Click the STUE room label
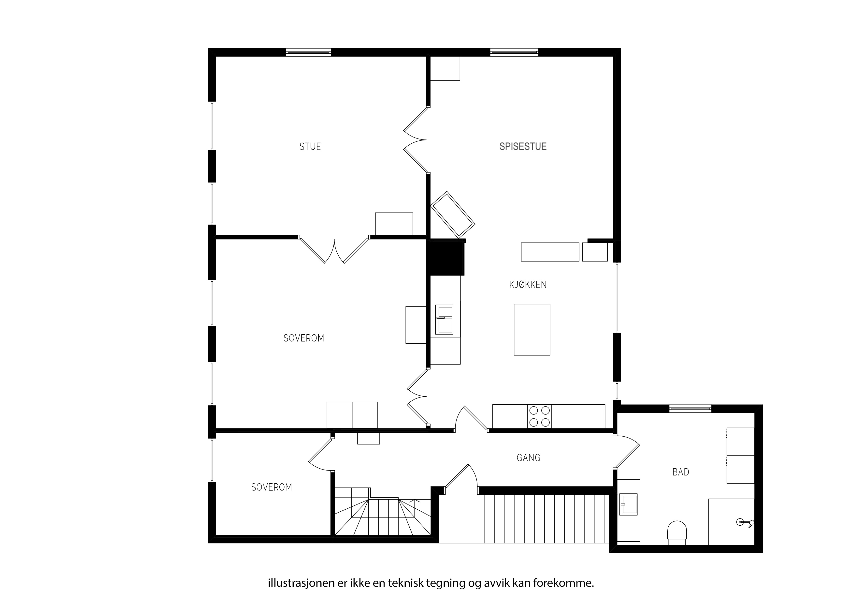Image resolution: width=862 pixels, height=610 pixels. [x=310, y=147]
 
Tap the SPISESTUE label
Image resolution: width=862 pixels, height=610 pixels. [x=523, y=147]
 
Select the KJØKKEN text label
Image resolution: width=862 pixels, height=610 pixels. [x=528, y=285]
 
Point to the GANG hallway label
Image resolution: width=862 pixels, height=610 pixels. [x=529, y=458]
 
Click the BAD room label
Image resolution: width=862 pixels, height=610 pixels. [x=681, y=472]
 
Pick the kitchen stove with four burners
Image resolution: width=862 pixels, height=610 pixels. [x=540, y=416]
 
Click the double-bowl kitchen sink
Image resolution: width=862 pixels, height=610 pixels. [x=445, y=320]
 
